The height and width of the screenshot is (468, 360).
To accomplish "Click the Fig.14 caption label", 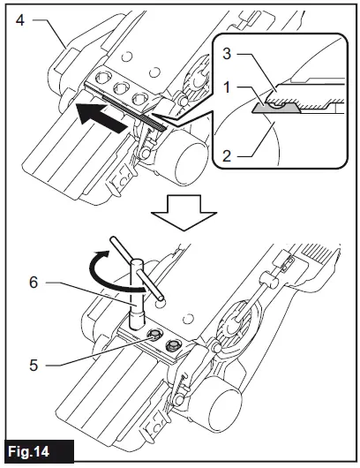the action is pos(28,451).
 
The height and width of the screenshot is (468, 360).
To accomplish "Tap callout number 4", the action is pos(19,20).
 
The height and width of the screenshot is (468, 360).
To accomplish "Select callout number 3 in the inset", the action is pos(227,54).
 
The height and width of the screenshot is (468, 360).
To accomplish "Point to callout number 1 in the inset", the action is pos(228,87).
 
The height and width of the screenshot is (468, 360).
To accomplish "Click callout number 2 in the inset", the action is pos(227,155).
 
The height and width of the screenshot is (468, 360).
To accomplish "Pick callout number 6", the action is pos(34,282).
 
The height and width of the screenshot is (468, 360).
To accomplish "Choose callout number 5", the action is pos(34,365).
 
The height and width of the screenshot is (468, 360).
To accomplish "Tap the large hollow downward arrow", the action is pos(184,212).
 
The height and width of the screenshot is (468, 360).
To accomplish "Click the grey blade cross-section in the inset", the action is pos(276,109).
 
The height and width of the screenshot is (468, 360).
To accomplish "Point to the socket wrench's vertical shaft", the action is pos(137,294).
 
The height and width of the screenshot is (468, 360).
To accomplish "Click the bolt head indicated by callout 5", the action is pos(154,336).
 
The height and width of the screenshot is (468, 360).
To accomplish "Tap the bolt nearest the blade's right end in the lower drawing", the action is pos(173,345).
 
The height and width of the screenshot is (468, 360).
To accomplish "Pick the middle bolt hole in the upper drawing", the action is pos(121,88).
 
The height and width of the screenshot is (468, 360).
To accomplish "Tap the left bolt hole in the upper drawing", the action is pos(102,78).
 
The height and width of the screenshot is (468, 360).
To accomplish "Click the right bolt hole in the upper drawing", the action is pos(139,99).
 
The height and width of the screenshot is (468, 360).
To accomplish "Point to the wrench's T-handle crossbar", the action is pos(137,268).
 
